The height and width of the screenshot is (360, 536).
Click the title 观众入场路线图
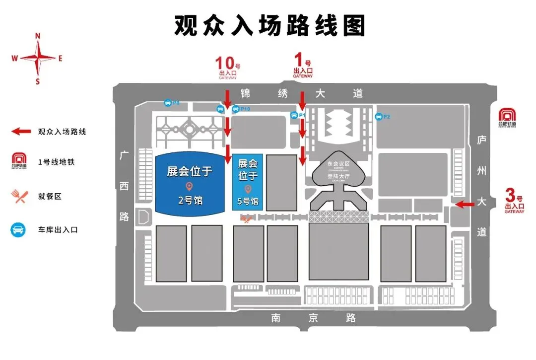269,25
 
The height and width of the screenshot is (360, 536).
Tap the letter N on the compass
37,35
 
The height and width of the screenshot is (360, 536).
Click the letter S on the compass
37,82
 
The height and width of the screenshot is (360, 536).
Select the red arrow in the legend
21,132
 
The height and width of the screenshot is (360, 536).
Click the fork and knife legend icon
19,197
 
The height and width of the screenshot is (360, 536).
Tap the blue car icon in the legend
18,229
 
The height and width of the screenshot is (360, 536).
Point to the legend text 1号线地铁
56,162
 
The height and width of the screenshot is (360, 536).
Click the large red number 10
224,64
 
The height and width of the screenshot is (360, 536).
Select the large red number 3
510,194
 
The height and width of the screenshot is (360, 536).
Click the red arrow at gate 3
465,204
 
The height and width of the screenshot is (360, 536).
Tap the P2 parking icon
379,117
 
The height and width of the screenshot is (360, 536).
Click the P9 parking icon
168,103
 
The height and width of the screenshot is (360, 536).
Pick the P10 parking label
245,109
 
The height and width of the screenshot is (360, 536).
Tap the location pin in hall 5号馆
248,189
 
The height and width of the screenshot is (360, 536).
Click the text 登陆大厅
338,176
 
